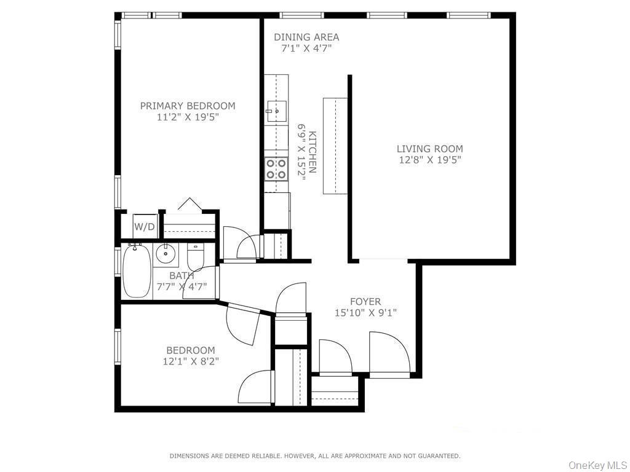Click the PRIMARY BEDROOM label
click(188, 106)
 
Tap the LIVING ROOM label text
click(429, 149)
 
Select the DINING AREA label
click(306, 37)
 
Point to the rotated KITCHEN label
click(313, 152)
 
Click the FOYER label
click(365, 302)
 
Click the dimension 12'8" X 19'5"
click(429, 160)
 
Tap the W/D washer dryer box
click(145, 226)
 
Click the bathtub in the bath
click(137, 271)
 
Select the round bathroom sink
click(165, 253)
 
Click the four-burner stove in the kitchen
click(276, 168)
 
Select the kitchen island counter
click(335, 146)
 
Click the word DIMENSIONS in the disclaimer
click(191, 456)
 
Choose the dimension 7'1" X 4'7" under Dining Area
click(306, 48)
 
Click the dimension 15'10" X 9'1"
click(365, 313)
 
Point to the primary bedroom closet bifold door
click(190, 205)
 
